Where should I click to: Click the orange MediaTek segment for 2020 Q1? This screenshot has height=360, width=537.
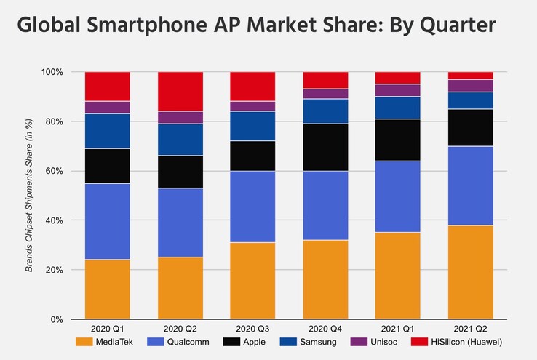(108, 289)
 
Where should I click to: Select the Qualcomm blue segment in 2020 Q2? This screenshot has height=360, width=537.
(180, 223)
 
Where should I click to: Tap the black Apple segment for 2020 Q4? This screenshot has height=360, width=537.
(325, 148)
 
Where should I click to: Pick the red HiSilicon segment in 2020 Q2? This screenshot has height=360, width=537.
(180, 92)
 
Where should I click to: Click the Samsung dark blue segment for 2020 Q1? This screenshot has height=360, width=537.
(108, 131)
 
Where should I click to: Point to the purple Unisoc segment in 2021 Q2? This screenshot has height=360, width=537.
(469, 85)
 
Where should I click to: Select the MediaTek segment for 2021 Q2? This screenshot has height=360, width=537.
(469, 272)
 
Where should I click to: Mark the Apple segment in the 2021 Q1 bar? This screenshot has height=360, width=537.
(397, 140)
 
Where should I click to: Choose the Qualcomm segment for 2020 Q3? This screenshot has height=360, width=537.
(252, 207)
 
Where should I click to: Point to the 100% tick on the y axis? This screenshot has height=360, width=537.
(53, 72)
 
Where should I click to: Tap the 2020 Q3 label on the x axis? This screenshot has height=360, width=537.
(252, 329)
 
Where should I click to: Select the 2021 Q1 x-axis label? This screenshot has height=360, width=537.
(397, 329)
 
